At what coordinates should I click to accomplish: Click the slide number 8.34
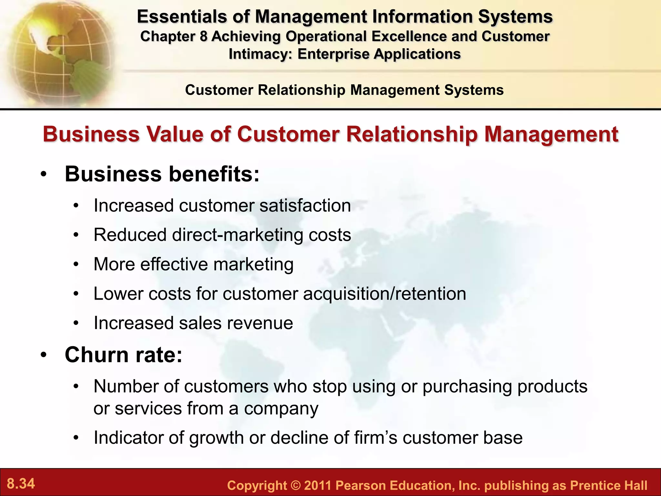tap(21, 484)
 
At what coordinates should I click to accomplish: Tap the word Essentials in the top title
tap(181, 17)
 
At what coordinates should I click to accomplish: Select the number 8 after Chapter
tap(203, 36)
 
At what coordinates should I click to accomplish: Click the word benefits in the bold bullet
tap(214, 174)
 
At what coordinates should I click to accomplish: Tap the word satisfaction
tap(305, 206)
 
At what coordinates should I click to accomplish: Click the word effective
tap(174, 264)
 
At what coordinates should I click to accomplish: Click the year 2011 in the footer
tap(318, 486)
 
